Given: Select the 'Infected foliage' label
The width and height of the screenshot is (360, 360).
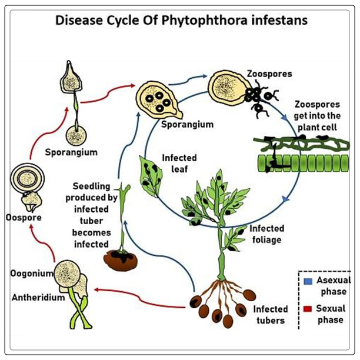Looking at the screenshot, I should [267, 234].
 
